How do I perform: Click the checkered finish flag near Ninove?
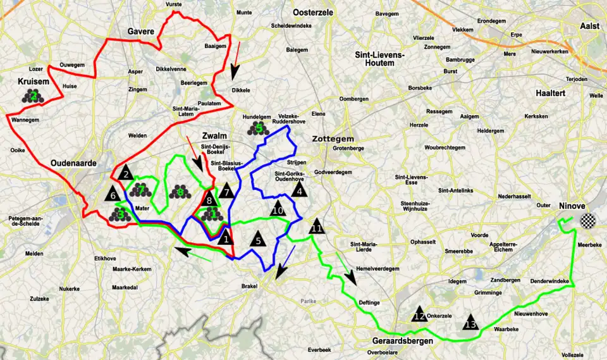pos(589,221)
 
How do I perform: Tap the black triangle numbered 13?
pos(470,323)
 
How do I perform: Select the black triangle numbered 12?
pos(419,314)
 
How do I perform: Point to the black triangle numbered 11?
pos(317,227)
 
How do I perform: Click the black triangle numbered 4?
pos(300,189)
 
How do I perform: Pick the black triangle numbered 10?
pos(277,209)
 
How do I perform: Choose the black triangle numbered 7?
pos(226,191)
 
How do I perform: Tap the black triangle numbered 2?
pos(125,173)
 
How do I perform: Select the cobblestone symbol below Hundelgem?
pos(258,128)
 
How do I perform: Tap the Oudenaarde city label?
pos(73,163)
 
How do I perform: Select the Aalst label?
pos(589,26)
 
